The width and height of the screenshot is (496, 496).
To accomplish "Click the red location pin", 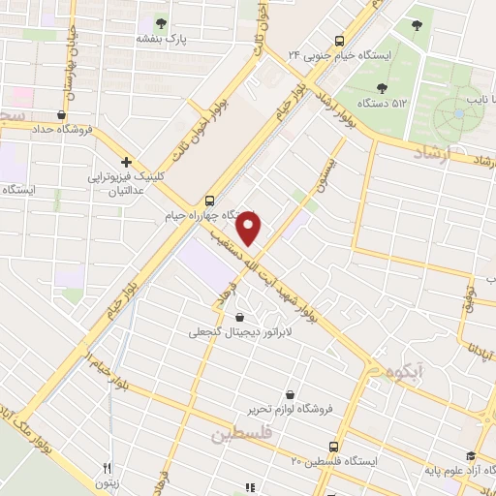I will tap(250, 229).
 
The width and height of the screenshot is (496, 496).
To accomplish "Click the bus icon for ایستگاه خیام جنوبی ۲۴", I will tap(339, 42).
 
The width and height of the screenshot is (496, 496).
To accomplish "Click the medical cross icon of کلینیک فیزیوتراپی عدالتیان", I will tap(126, 163).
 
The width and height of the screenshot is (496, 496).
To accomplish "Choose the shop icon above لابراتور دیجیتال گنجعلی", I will tap(239, 317).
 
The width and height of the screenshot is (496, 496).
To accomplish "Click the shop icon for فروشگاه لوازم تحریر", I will tap(292, 394).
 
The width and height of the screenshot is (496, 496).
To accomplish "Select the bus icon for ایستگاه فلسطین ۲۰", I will tap(334, 447).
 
